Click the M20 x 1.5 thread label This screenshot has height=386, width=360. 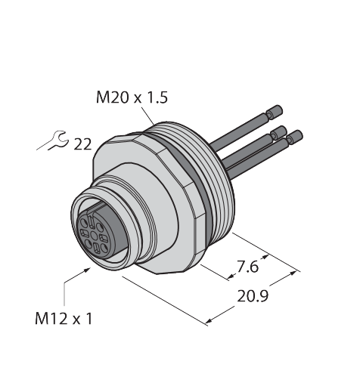(x=132, y=97)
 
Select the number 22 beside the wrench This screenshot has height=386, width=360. (x=82, y=144)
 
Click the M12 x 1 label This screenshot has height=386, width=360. (x=64, y=318)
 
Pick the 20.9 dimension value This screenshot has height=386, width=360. (x=253, y=296)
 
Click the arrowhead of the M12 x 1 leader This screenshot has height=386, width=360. (x=87, y=270)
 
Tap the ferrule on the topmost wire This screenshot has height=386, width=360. (x=275, y=113)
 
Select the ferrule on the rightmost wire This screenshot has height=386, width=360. (x=295, y=137)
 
